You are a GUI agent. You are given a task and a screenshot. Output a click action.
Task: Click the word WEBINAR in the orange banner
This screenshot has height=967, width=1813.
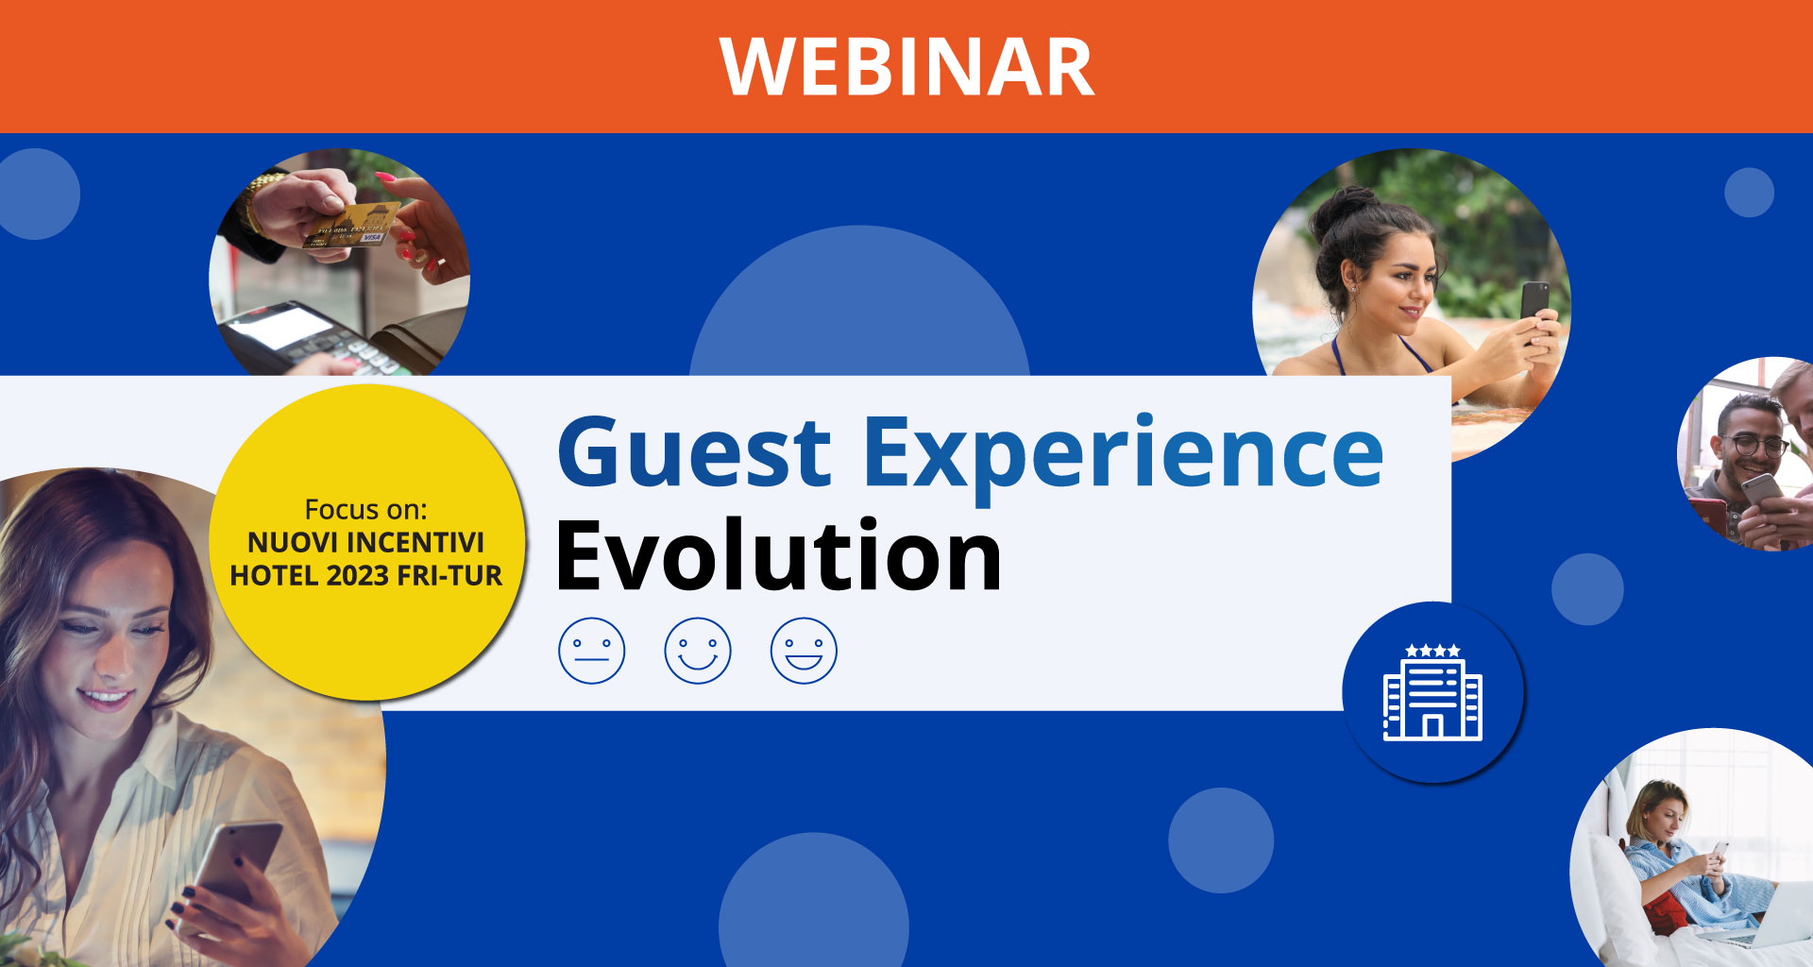(x=906, y=67)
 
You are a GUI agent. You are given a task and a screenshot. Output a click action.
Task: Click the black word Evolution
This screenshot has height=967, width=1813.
(x=778, y=557)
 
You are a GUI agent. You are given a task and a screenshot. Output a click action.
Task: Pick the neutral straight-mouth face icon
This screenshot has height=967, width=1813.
(x=592, y=651)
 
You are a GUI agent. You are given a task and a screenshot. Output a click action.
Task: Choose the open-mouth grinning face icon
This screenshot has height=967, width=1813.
(x=804, y=651)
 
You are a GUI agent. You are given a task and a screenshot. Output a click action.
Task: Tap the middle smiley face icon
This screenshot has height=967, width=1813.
(x=698, y=651)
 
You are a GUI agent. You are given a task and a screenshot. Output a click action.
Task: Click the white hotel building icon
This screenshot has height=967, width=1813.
(x=1432, y=700)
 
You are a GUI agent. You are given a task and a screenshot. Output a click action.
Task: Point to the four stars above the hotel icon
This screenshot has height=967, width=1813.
(x=1432, y=651)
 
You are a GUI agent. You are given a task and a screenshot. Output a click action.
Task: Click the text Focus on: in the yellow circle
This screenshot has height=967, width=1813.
(x=365, y=510)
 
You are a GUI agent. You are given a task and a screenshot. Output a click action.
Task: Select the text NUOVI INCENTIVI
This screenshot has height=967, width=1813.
(x=365, y=543)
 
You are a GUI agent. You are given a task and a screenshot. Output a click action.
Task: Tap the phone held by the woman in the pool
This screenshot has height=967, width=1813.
(x=1533, y=301)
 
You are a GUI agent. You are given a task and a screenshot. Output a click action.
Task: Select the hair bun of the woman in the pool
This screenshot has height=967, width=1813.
(x=1342, y=208)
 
